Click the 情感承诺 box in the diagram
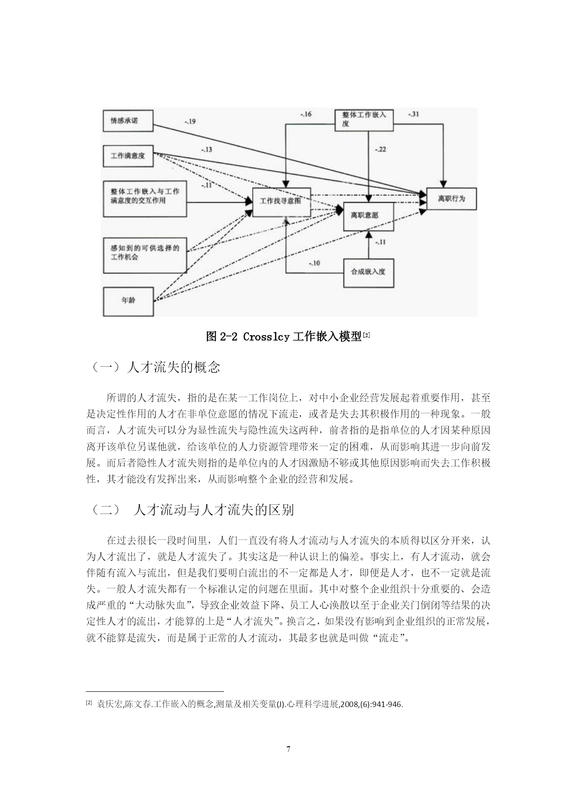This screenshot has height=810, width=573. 128,121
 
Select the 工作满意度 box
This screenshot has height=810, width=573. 128,156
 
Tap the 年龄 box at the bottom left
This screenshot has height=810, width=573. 128,301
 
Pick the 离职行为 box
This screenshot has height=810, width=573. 452,199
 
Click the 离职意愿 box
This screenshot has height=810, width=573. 368,216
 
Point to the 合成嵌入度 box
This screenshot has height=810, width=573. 368,273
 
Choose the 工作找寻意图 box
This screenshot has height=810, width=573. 281,201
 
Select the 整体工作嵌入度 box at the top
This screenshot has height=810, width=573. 364,120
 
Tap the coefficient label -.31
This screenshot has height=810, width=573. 414,114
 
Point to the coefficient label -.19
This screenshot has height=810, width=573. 190,121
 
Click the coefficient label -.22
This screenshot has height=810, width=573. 380,149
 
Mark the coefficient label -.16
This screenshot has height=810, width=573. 306,114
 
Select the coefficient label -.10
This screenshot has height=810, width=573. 314,263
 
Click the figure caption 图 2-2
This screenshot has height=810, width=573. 222,336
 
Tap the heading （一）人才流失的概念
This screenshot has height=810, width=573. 154,367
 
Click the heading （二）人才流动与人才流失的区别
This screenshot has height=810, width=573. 191,510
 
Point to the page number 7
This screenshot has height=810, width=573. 289,749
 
